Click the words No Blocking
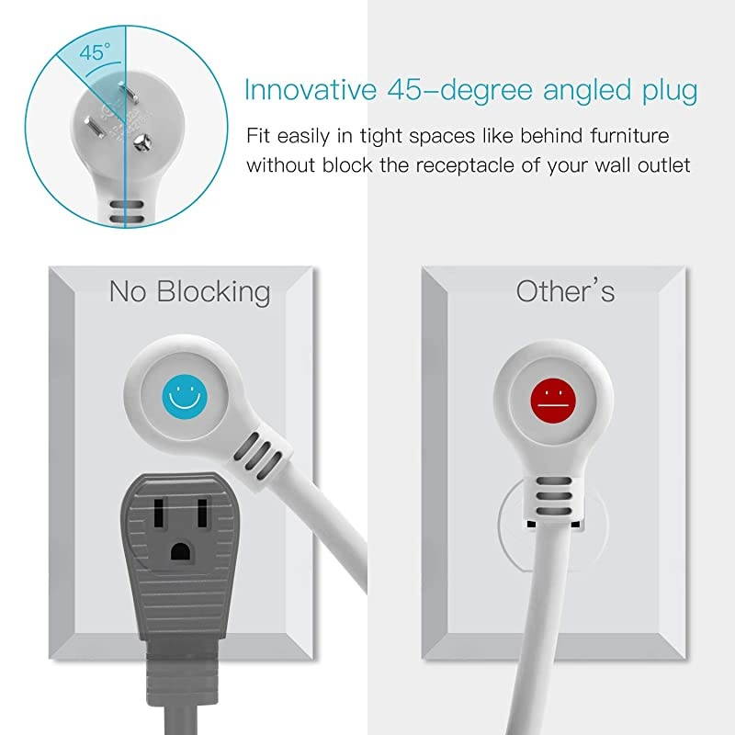tap(190, 292)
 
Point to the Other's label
tap(565, 291)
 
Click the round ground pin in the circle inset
tap(141, 141)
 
